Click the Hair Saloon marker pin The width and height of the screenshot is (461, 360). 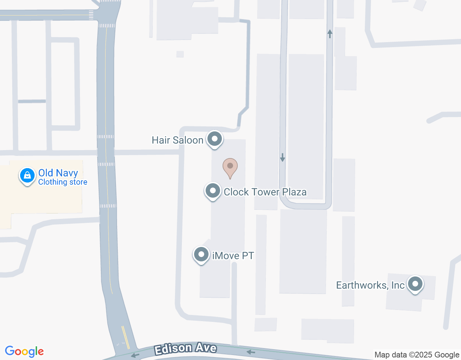coord(215,139)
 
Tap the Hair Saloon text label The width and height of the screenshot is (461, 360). coord(177,140)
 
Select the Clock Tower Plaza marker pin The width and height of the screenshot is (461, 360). coord(212,191)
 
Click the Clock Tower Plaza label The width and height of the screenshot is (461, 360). coord(265,192)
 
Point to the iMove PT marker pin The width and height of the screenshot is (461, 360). coord(201,255)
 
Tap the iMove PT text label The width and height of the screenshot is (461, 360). coord(233,256)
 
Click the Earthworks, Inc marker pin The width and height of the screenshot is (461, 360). coord(415,284)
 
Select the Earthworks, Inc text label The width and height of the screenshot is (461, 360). coord(370,285)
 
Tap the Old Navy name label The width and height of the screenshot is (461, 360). coord(58,173)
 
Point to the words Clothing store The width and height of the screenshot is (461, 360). coord(63,182)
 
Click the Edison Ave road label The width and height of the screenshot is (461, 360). coord(185,348)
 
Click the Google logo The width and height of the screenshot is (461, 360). coord(24,351)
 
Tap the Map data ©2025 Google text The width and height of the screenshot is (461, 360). coord(417,355)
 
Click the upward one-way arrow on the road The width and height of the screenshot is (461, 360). coord(330,34)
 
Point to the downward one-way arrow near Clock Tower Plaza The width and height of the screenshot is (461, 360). coord(283,157)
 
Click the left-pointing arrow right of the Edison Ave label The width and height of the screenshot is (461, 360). coord(251,352)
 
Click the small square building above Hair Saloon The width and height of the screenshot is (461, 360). coord(180,54)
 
